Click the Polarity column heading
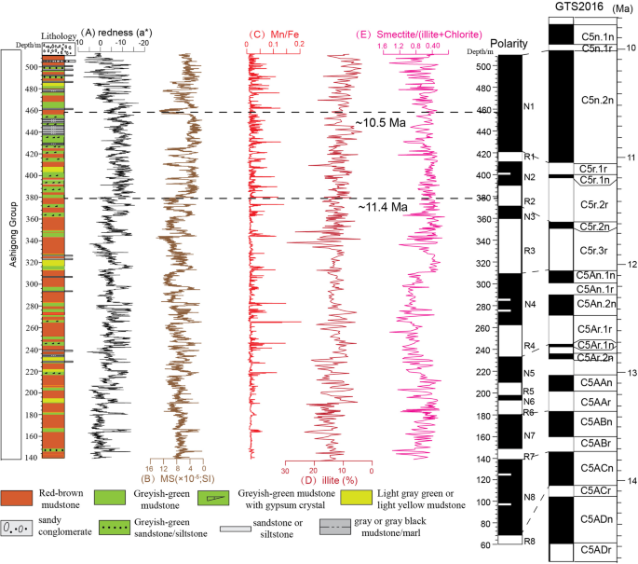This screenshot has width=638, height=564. pos(509,42)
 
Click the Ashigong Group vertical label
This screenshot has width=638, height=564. pos(11,252)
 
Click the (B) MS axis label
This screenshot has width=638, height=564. pos(174,479)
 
